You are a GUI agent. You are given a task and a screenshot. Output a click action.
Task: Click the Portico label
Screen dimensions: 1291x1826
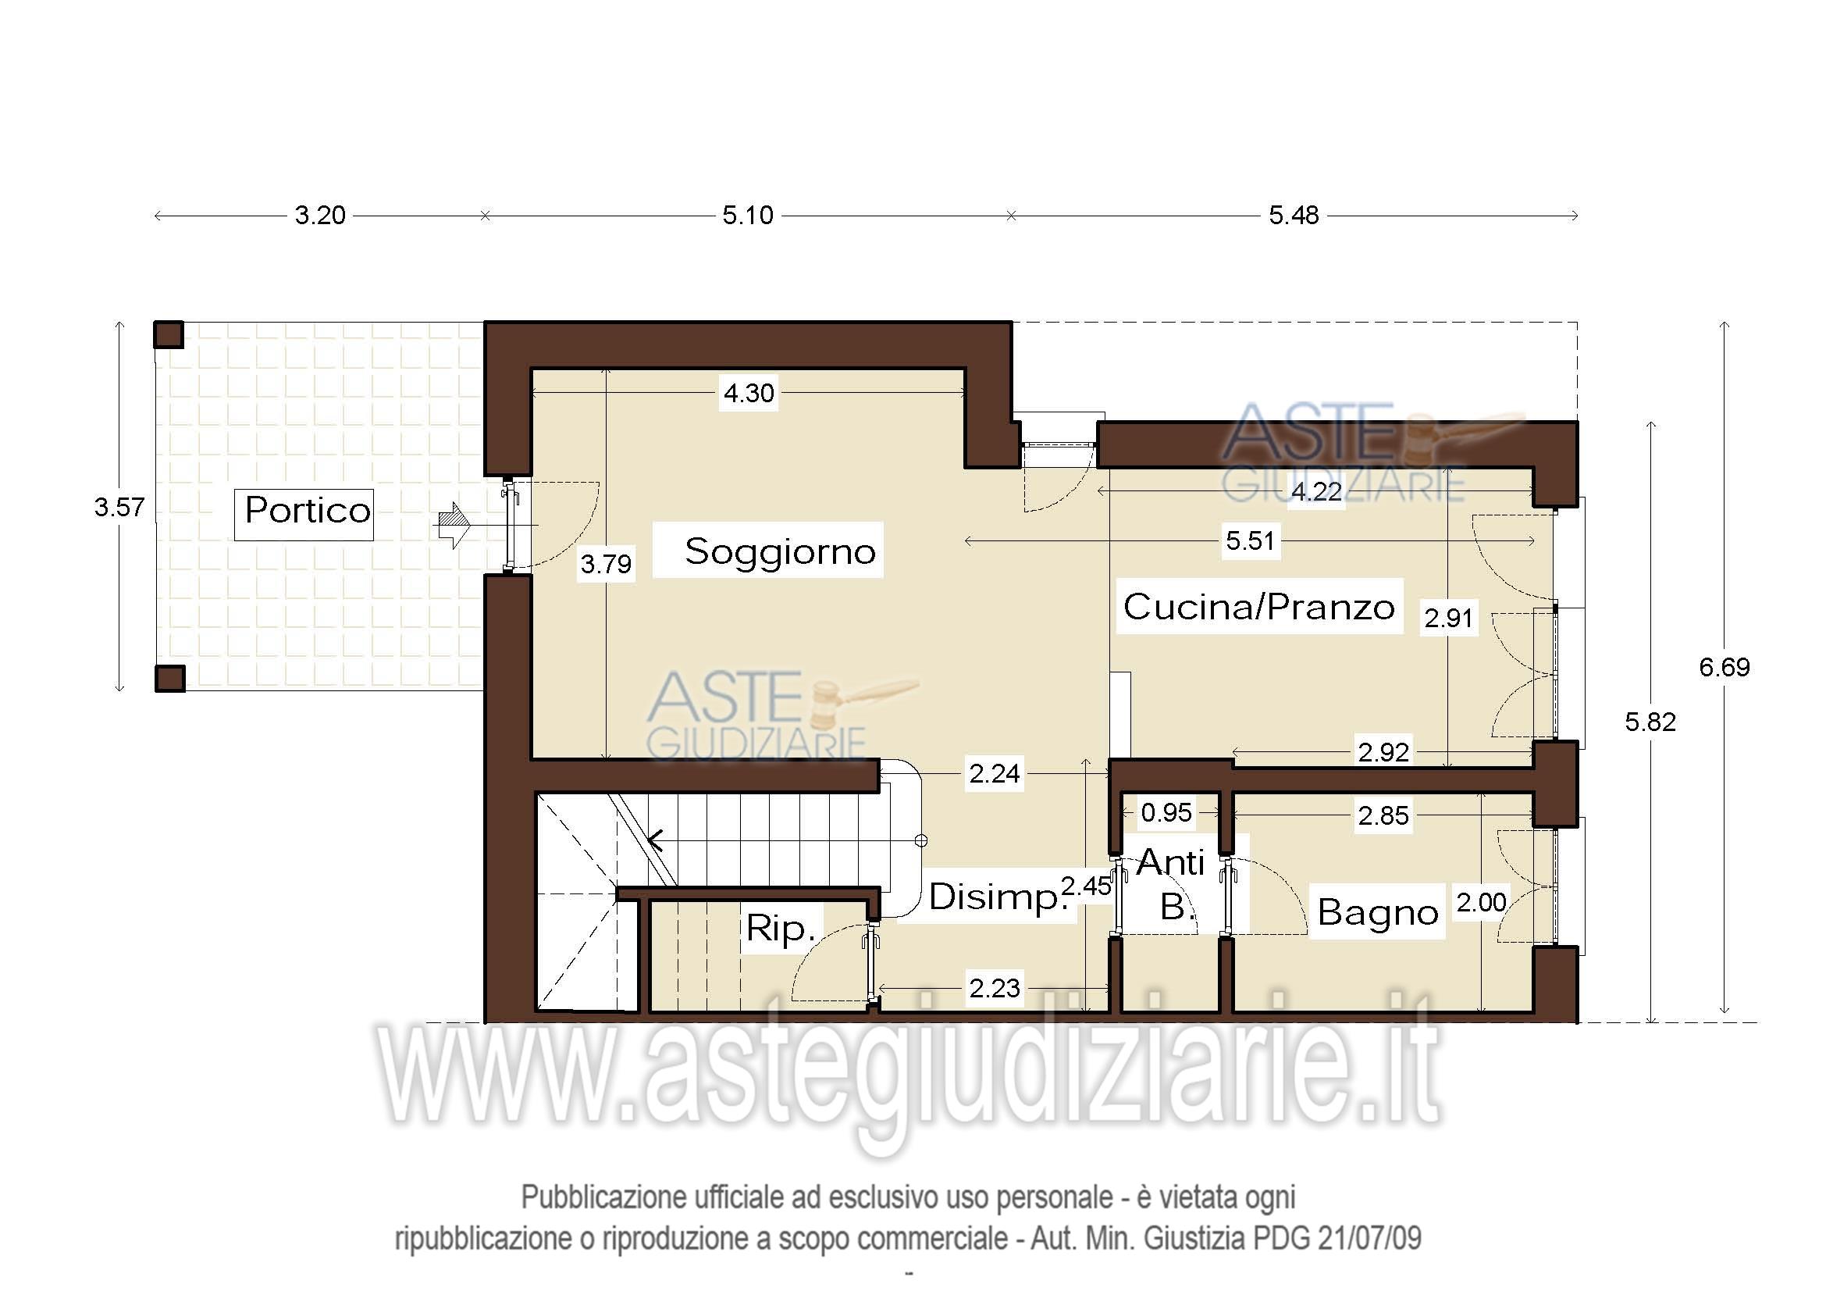[307, 511]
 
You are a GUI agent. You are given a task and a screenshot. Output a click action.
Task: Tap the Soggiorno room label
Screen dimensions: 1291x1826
[779, 551]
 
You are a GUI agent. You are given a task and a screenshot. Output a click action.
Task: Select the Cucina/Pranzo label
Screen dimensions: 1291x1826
[1258, 608]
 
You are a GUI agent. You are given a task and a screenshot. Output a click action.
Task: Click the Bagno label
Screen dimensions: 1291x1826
[1377, 912]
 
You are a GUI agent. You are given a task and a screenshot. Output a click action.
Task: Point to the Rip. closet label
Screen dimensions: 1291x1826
[780, 929]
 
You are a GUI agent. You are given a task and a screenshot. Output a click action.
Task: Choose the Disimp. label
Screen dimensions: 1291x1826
[998, 897]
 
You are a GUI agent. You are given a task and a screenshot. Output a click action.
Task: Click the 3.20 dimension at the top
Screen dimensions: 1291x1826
[320, 216]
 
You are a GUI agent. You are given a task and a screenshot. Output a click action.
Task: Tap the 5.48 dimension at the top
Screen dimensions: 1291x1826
[1293, 216]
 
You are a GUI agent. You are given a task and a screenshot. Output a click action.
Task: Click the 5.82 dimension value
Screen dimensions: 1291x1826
[1650, 722]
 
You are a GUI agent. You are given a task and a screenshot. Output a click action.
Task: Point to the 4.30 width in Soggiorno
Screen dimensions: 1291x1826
[749, 393]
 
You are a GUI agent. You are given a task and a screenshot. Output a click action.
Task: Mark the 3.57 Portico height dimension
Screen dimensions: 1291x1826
[119, 508]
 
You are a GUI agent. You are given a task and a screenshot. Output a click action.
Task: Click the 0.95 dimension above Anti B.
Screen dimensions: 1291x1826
[1166, 813]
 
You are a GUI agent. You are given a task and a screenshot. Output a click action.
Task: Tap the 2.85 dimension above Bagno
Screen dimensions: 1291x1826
[1383, 815]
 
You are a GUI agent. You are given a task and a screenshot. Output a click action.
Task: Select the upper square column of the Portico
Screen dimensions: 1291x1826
[169, 335]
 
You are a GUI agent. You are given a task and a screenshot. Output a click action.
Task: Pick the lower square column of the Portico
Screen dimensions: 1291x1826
[169, 679]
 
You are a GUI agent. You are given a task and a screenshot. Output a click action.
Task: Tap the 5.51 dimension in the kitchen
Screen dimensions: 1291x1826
[1249, 542]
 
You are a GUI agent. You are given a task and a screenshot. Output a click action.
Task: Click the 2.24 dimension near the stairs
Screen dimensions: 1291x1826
[994, 773]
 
